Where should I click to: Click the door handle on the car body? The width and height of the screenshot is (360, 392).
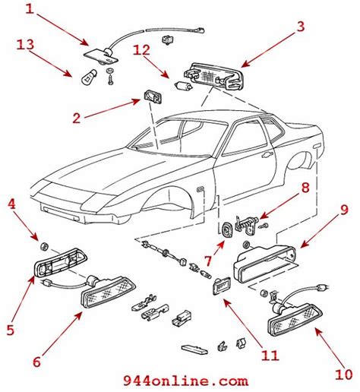click(x=267, y=153)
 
